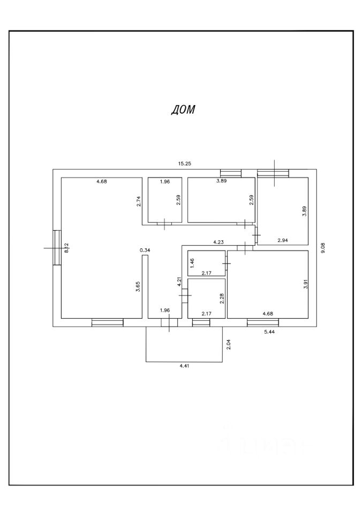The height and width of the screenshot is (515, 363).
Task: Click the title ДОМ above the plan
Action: click(183, 110)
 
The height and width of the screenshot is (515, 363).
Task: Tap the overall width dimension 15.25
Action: click(185, 163)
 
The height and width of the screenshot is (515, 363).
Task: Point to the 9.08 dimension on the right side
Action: click(322, 248)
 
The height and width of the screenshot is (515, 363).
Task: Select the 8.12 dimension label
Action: click(66, 248)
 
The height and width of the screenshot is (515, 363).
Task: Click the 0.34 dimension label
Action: click(145, 250)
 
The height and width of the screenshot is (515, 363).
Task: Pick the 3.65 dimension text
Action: click(138, 286)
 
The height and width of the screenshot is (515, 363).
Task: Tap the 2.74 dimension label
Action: click(138, 202)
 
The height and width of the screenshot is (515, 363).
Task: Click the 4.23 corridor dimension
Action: click(218, 242)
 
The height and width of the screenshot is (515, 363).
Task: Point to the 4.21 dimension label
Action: click(180, 282)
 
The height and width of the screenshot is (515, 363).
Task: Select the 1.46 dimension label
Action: click(191, 263)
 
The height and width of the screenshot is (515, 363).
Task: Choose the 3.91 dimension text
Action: click(305, 286)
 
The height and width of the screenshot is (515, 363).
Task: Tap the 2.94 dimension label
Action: click(283, 240)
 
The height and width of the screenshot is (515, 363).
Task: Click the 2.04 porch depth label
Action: click(228, 345)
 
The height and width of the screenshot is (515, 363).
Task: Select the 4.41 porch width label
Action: click(184, 367)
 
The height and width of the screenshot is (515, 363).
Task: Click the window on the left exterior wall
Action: click(57, 247)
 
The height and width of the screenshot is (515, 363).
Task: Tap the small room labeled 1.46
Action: click(207, 263)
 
